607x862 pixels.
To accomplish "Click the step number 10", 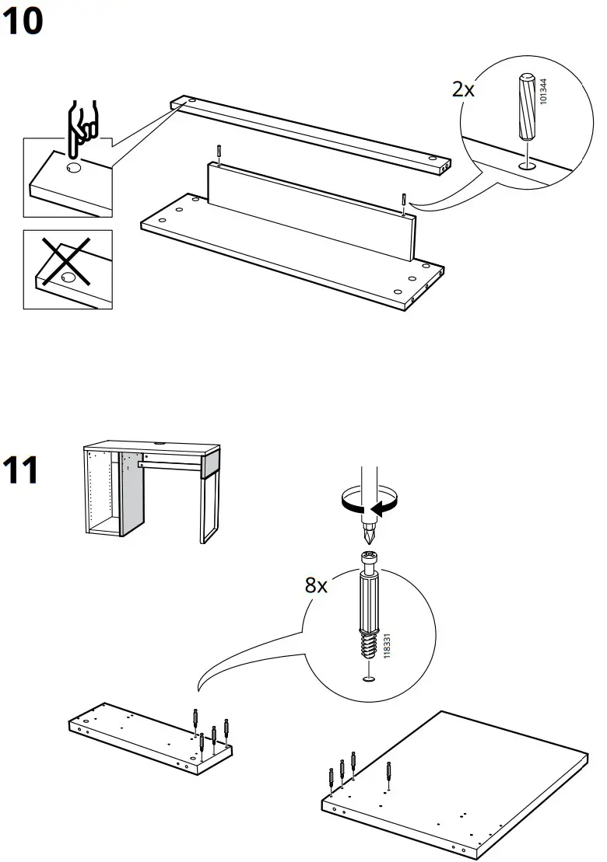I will click(23, 23).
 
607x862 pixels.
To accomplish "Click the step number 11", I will click(22, 470).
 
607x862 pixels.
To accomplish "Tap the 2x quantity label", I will click(463, 89).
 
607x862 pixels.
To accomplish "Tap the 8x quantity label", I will click(316, 585).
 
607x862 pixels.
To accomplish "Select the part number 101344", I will click(542, 92).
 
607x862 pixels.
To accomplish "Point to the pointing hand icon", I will click(80, 124).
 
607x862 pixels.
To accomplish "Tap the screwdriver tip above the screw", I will click(368, 536).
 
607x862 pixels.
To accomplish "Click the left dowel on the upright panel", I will click(219, 155).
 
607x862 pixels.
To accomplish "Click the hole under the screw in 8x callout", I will click(368, 679).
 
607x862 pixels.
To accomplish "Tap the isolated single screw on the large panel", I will click(389, 772).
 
